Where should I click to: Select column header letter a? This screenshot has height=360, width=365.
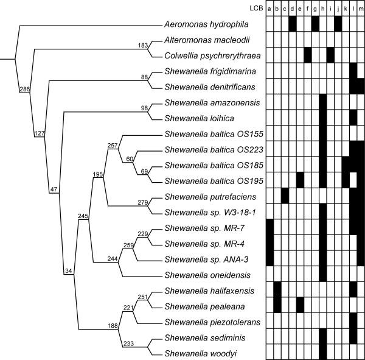(269, 8)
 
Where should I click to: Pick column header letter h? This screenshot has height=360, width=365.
(322, 8)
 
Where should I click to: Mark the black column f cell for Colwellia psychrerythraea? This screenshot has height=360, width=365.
(308, 55)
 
